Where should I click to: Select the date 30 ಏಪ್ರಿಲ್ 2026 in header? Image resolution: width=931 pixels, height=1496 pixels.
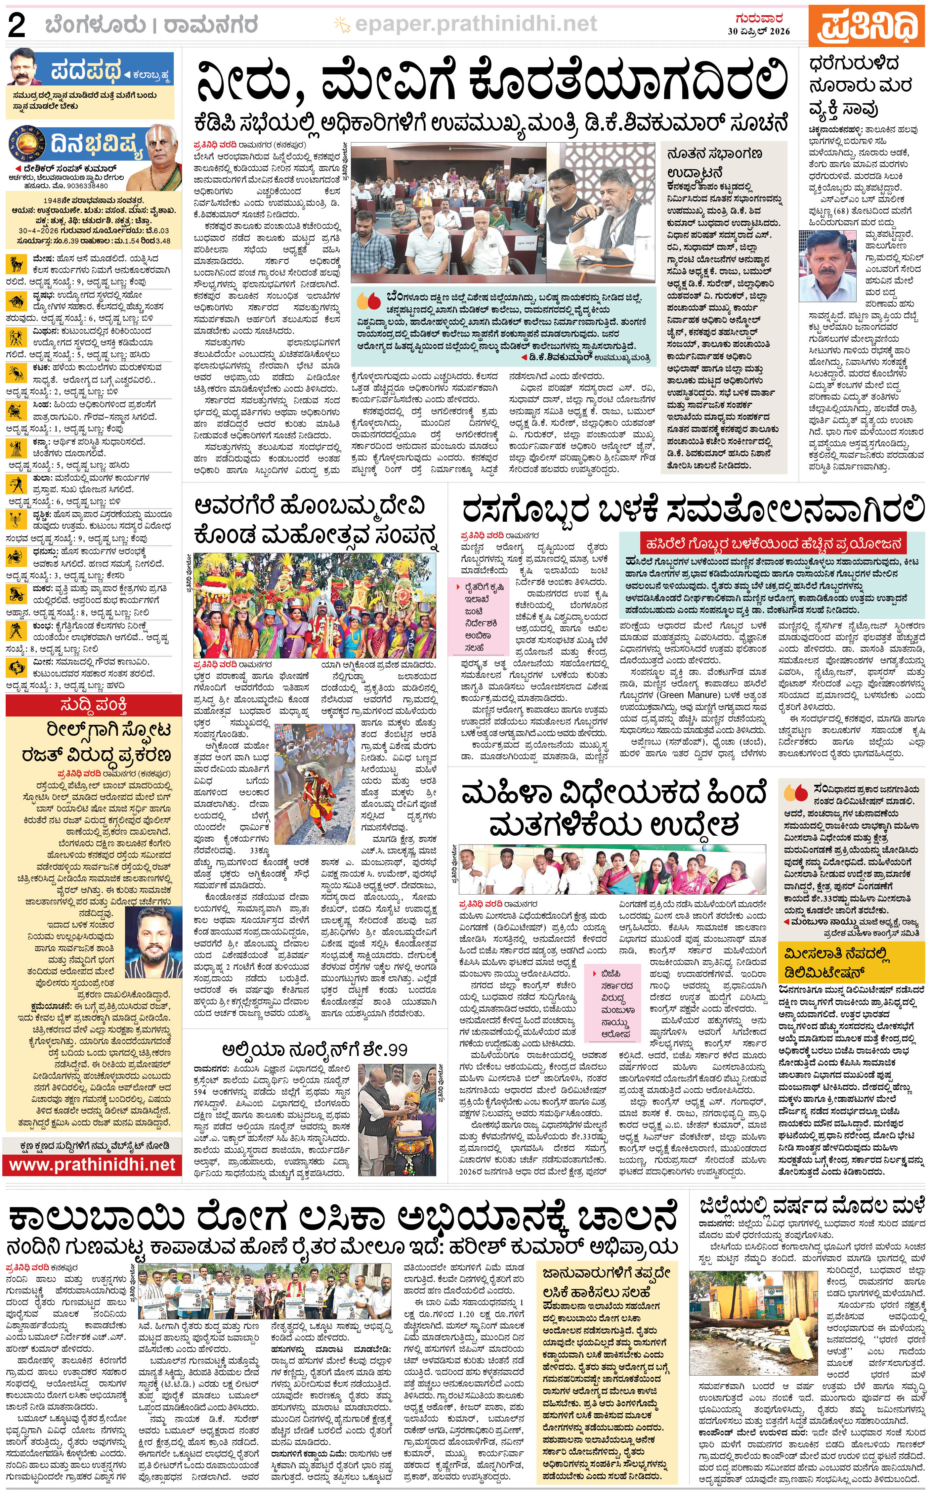[x=759, y=31]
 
